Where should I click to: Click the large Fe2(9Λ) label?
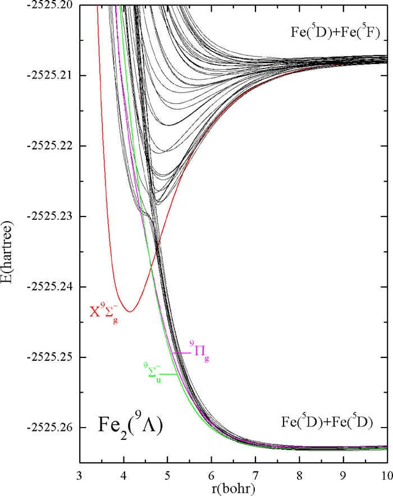tap(129, 424)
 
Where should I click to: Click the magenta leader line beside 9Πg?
tap(181, 353)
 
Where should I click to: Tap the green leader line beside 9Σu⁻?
tap(170, 374)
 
